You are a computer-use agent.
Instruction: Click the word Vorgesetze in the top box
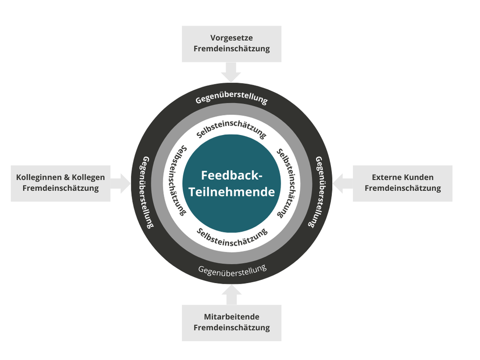coord(231,38)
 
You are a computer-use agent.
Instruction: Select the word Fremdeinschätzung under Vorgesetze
coord(232,49)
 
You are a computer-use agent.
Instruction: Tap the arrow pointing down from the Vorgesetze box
coord(232,73)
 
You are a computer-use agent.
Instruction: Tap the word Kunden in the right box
coord(419,177)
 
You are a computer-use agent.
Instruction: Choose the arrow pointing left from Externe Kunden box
coord(343,183)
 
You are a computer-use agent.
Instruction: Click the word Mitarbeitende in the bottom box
coord(232,317)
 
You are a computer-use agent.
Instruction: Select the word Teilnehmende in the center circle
coord(232,192)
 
